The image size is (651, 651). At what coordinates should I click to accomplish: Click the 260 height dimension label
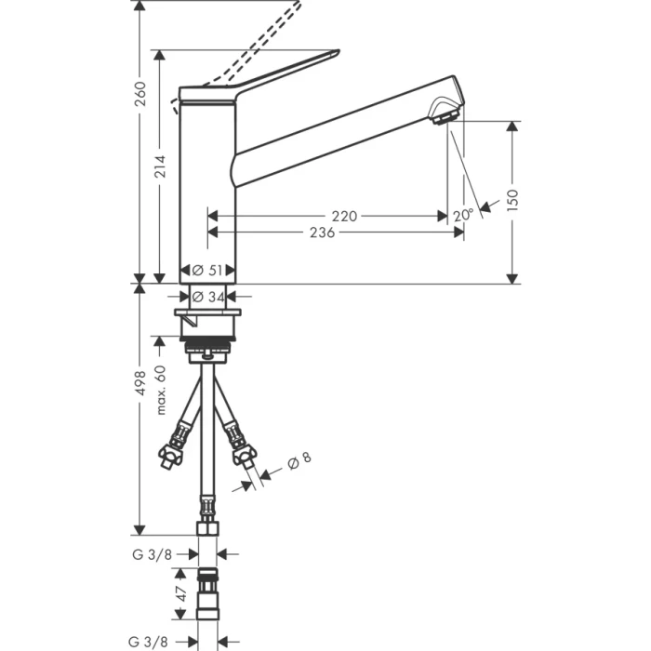click(x=140, y=94)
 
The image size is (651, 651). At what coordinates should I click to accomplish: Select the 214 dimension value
click(x=160, y=166)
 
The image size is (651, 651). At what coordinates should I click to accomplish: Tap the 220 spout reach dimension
click(x=343, y=216)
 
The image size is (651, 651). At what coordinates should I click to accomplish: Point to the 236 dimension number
click(x=321, y=232)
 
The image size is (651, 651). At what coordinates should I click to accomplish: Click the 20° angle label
click(x=463, y=214)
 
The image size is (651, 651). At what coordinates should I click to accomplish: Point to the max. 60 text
click(x=160, y=390)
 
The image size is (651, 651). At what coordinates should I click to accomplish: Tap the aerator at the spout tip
click(x=445, y=116)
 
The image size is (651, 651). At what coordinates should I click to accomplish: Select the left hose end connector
click(x=171, y=455)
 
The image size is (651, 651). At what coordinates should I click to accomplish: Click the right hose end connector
click(x=244, y=455)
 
